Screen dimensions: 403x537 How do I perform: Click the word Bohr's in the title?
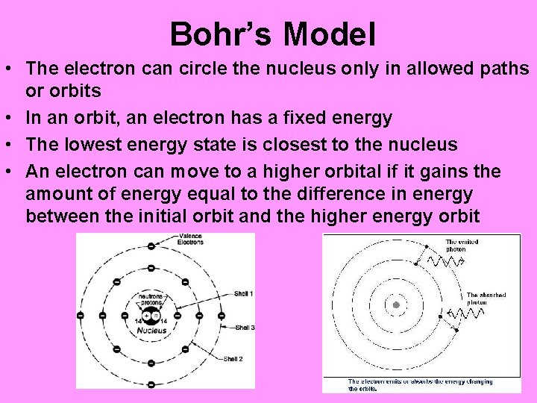point(221,34)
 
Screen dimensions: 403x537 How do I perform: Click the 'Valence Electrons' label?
point(190,240)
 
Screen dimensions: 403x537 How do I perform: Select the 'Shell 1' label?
point(244,294)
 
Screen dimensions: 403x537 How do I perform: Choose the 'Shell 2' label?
point(235,359)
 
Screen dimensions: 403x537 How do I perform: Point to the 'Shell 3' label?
point(245,328)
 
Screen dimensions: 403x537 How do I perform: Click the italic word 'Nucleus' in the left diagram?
point(151,331)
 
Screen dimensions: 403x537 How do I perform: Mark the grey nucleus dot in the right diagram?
point(396,305)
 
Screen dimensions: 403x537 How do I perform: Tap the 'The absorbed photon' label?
point(486,299)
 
